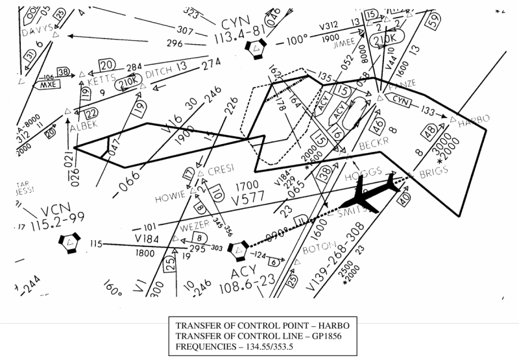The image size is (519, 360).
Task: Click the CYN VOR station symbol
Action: tap(260, 47)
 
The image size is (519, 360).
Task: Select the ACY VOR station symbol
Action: tap(239, 248)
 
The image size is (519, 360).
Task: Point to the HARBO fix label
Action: tap(474, 120)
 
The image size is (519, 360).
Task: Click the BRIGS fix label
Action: tap(435, 174)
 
